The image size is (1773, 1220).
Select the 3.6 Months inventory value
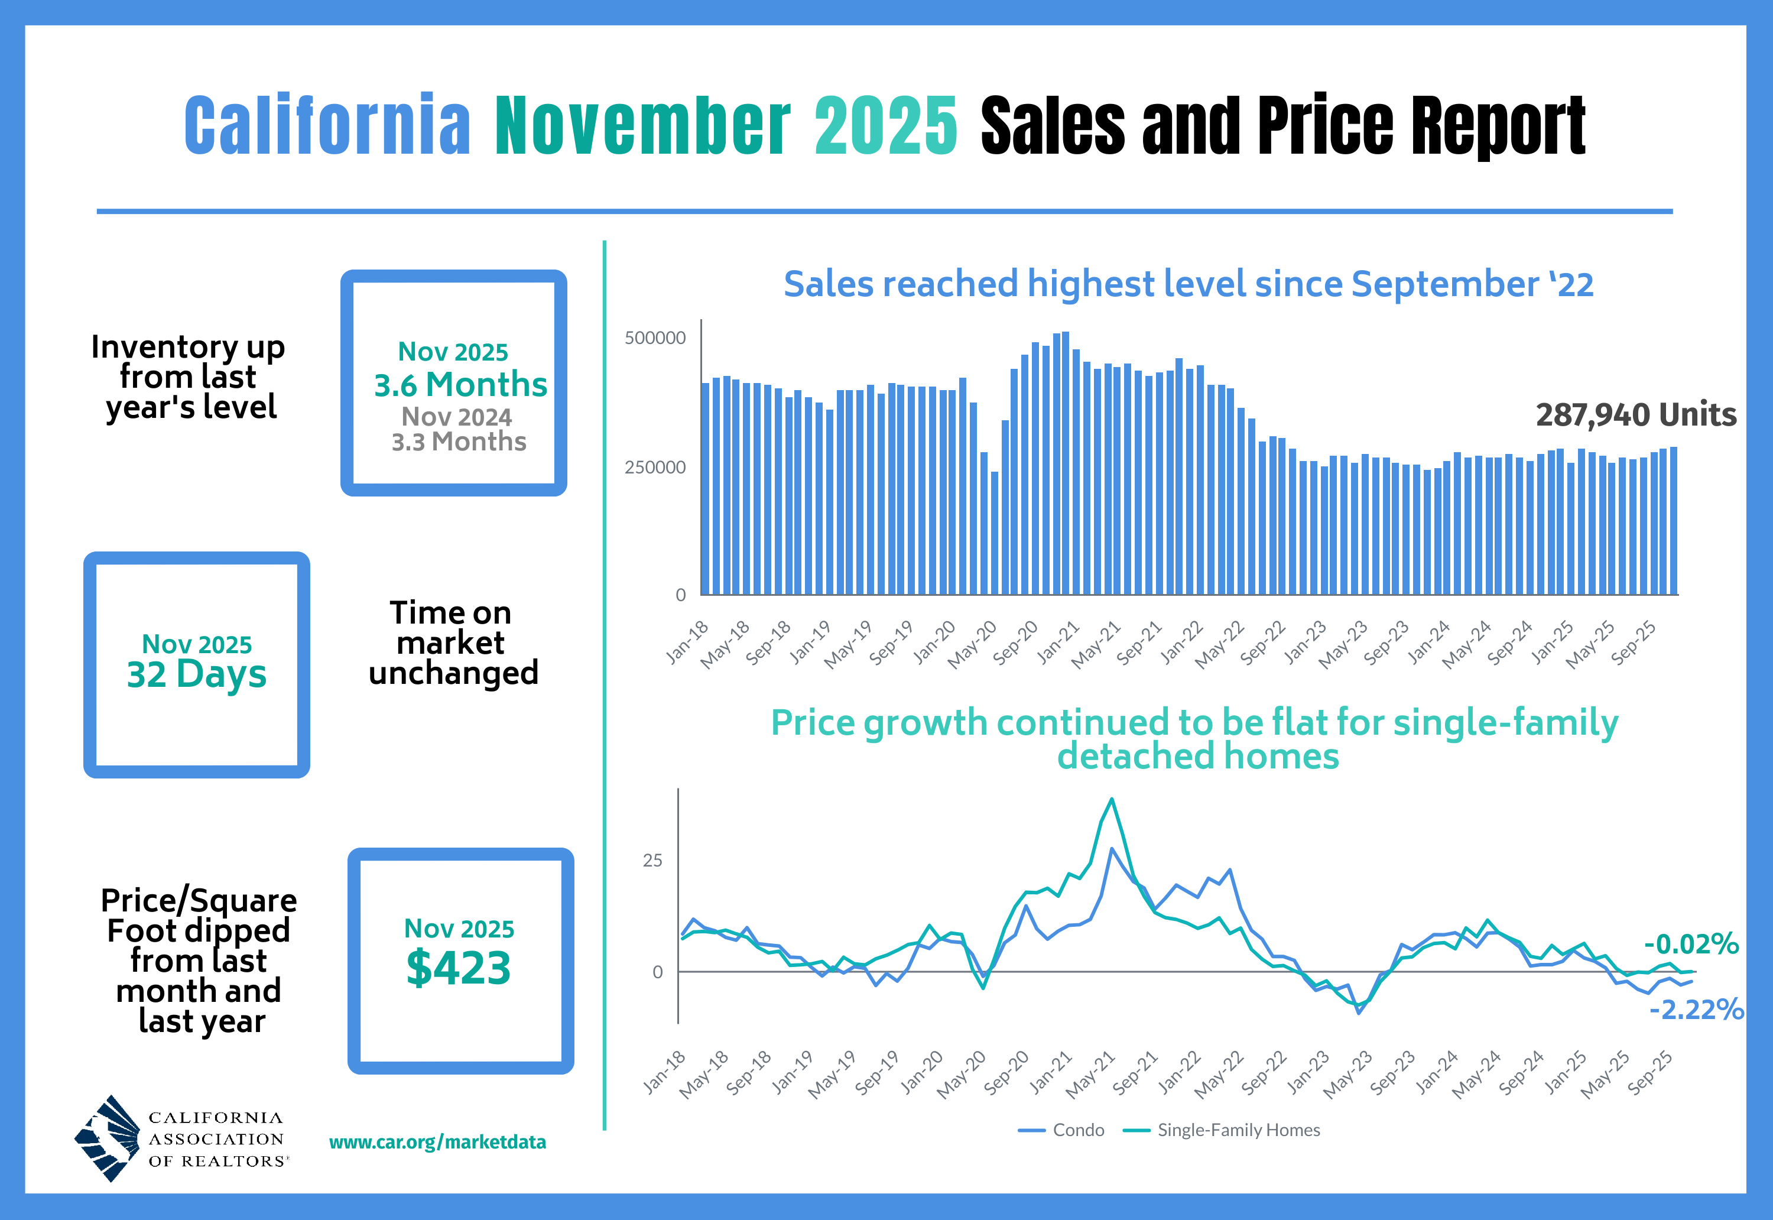pos(460,384)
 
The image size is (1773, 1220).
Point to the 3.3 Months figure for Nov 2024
pos(459,442)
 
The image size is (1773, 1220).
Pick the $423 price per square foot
pos(459,968)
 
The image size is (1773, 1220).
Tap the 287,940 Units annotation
pos(1635,415)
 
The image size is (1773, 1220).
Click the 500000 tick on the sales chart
pos(655,338)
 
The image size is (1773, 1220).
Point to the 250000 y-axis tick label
pos(655,467)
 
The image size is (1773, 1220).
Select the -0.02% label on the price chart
pos(1691,944)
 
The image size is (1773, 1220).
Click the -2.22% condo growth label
pos(1696,1010)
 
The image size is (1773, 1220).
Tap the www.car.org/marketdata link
pos(437,1142)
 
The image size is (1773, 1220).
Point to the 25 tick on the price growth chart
pos(652,861)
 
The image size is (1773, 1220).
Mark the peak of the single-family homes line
pos(1112,800)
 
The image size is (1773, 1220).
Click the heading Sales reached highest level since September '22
pos(1189,284)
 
